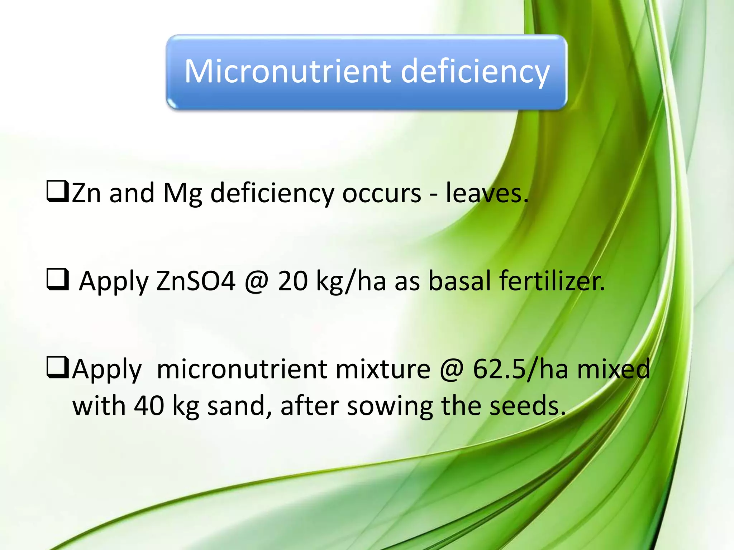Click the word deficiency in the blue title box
[x=475, y=72]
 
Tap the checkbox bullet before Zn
[x=57, y=192]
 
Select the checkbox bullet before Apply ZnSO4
[x=57, y=280]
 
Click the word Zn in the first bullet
[x=86, y=193]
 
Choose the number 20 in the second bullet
[x=292, y=281]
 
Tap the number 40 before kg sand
[x=149, y=406]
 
